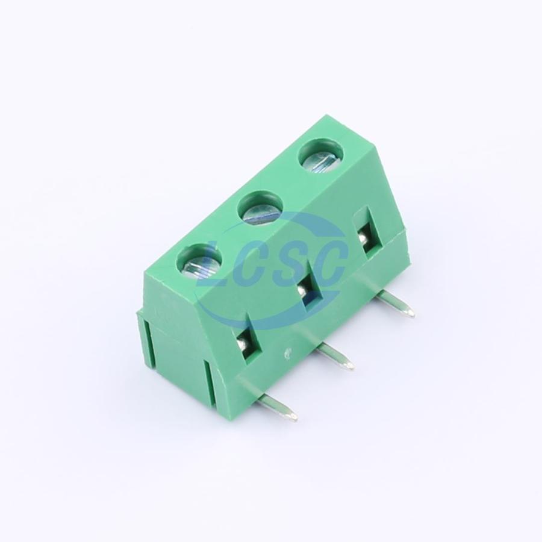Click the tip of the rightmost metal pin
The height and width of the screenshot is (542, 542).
pos(411,313)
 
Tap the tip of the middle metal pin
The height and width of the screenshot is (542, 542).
pos(350,366)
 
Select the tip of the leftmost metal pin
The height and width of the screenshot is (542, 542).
pos(293,416)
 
